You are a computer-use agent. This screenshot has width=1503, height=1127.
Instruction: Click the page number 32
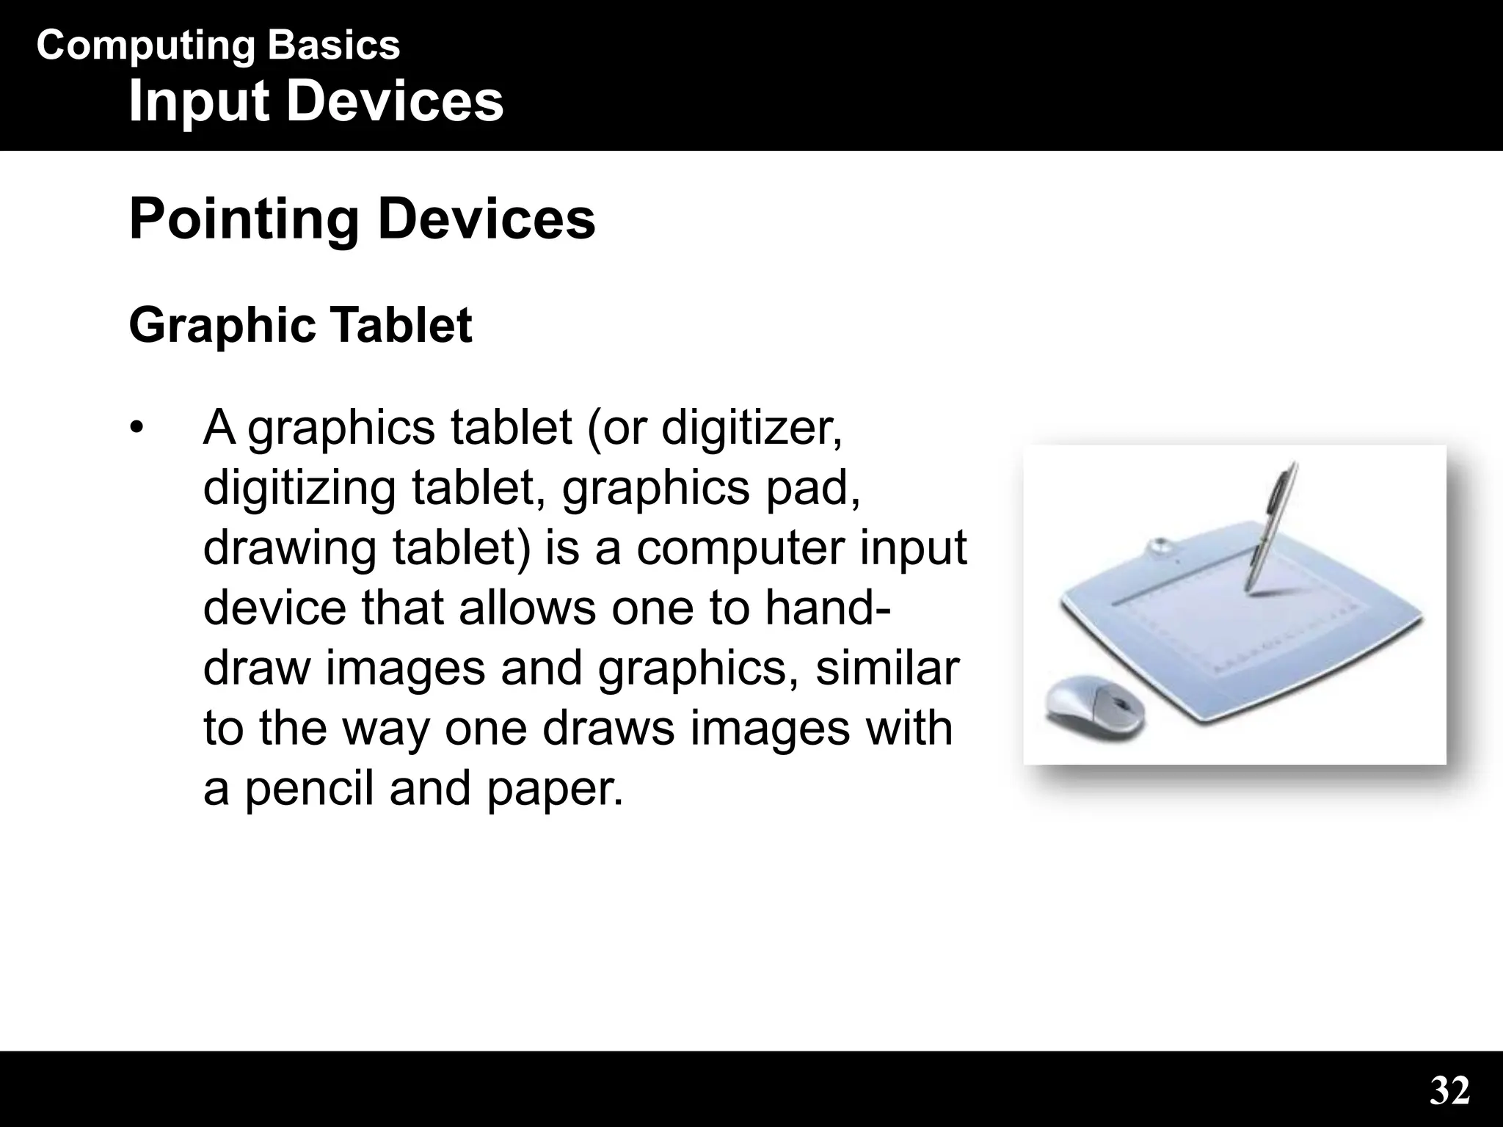[x=1449, y=1091]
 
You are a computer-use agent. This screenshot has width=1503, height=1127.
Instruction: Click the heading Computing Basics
[x=218, y=45]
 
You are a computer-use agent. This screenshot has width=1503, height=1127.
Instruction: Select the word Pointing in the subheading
[x=244, y=219]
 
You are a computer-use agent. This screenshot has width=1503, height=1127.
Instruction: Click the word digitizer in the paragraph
[x=751, y=428]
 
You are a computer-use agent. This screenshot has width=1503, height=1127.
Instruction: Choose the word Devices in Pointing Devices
[x=487, y=219]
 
